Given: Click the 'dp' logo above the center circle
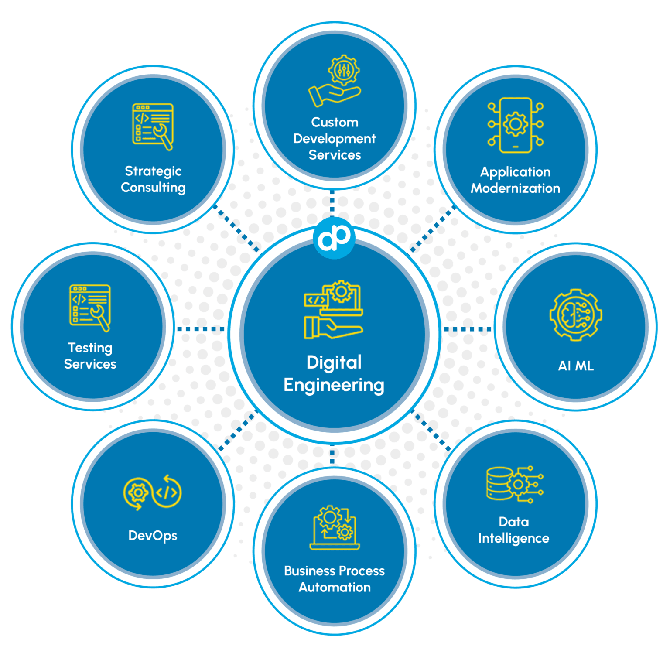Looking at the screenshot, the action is (334, 238).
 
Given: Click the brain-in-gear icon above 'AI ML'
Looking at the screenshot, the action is (576, 314).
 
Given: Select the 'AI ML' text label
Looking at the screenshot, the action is (576, 366).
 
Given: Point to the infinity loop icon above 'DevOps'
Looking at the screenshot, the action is (153, 493).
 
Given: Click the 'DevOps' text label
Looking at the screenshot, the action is (153, 536).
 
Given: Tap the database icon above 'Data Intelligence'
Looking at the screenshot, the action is (515, 484).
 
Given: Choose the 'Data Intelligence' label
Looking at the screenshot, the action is (514, 530).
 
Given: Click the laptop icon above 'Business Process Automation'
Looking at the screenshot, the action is (335, 527).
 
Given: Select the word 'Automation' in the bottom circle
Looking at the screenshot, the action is (335, 587).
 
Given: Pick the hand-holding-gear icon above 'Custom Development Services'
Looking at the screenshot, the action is (335, 81).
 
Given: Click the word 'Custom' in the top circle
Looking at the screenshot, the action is (335, 122).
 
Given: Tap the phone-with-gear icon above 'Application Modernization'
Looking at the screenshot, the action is (516, 125).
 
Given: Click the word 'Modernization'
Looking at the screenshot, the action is (516, 188).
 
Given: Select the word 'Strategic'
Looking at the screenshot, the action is (153, 171).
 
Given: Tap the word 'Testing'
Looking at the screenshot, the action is (90, 348).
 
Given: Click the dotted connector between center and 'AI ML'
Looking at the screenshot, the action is (468, 329).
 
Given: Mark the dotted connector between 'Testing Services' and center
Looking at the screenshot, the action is (201, 329).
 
